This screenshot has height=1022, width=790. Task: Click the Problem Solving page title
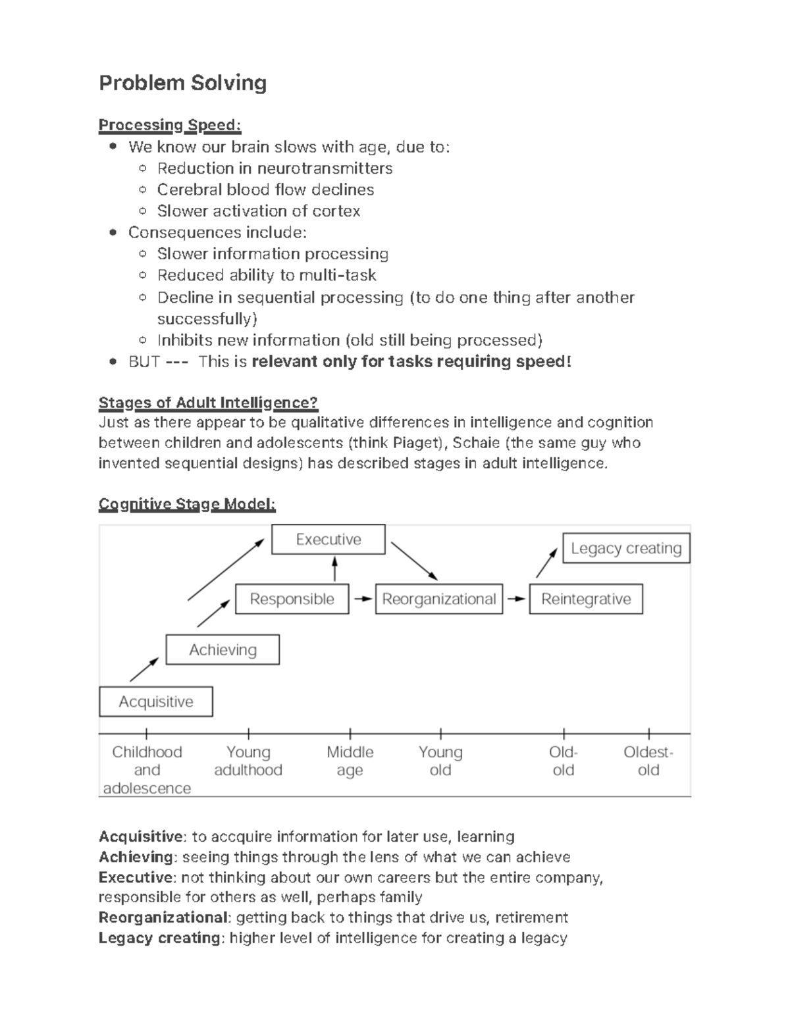tap(182, 83)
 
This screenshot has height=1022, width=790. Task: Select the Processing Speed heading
tap(170, 125)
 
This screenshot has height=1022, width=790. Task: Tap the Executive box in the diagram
tap(328, 540)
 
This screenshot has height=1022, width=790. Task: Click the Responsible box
tap(292, 599)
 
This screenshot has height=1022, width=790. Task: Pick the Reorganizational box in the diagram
tap(438, 599)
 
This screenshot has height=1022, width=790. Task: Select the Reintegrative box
tap(586, 599)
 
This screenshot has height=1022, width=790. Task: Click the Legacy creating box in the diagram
tap(625, 548)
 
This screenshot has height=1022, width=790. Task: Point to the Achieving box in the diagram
tap(223, 650)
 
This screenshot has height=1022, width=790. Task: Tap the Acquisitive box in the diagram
tap(156, 702)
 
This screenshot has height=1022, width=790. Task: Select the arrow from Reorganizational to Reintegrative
tap(516, 599)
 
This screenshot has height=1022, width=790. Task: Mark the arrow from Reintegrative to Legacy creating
tap(546, 564)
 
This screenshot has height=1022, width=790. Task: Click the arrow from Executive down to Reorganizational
tap(414, 561)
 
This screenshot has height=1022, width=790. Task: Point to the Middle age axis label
tap(350, 761)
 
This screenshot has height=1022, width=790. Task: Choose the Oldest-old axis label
tap(648, 761)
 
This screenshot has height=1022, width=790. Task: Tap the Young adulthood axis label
tap(248, 761)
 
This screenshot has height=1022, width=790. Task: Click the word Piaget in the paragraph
tap(417, 442)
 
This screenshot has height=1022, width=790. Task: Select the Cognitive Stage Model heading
tap(187, 504)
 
